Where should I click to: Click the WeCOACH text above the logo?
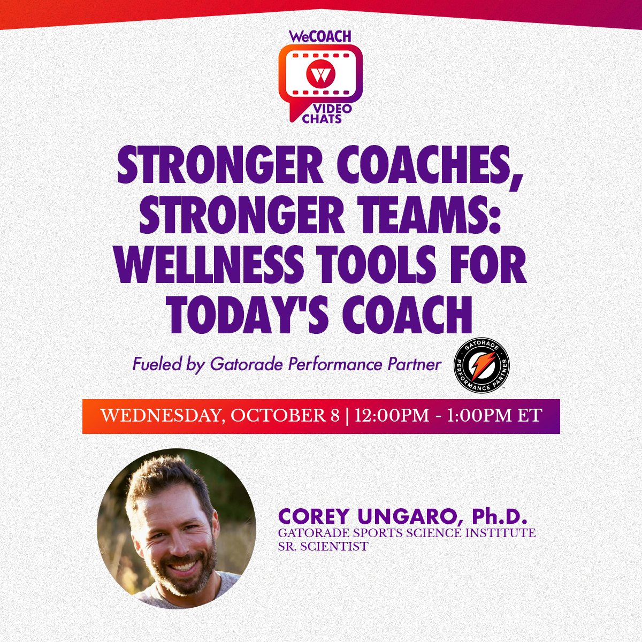pos(320,36)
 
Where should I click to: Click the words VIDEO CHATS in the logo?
pos(326,113)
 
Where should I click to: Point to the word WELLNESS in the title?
pos(209,265)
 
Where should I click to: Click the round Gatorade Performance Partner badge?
pos(481,366)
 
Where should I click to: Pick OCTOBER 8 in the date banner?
pos(285,416)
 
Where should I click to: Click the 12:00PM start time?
pos(392,416)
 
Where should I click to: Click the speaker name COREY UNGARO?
pos(366,517)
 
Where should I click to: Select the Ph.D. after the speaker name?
pos(500,517)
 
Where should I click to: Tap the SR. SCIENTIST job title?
pos(323,546)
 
